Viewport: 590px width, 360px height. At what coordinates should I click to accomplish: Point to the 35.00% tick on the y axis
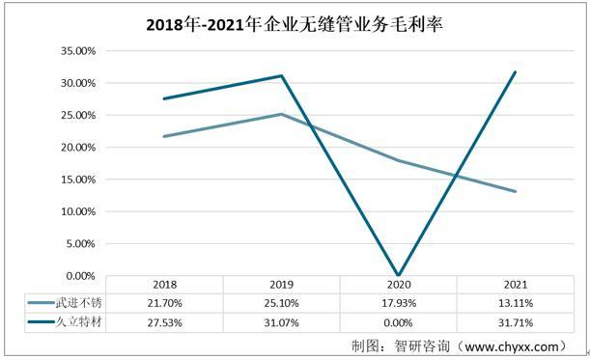coord(72,51)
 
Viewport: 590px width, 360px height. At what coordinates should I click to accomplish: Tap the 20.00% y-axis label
coord(72,148)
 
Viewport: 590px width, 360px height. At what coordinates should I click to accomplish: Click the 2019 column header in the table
coord(281,285)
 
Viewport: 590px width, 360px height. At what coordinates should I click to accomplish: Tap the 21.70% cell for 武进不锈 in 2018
coord(164,304)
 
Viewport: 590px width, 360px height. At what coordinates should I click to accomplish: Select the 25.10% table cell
coord(281,304)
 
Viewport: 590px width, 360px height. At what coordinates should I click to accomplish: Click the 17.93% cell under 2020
coord(398,304)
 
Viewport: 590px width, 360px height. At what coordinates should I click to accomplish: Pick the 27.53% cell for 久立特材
coord(164,323)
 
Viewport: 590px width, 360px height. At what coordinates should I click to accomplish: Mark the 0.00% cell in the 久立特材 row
coord(398,323)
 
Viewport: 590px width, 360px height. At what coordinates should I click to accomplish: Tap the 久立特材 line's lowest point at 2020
coord(398,275)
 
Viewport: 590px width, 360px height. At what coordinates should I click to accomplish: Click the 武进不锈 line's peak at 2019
coord(281,114)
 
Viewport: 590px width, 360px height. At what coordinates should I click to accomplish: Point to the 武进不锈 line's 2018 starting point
coord(164,136)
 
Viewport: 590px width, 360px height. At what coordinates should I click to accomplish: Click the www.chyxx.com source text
coord(511,345)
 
